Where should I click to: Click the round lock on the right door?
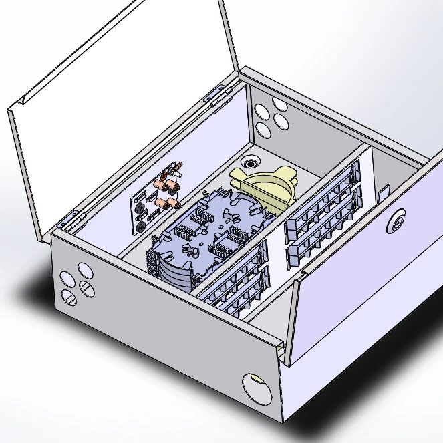pos(398,220)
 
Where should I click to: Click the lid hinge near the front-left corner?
pos(73,218)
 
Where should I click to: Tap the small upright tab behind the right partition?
pos(383,193)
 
